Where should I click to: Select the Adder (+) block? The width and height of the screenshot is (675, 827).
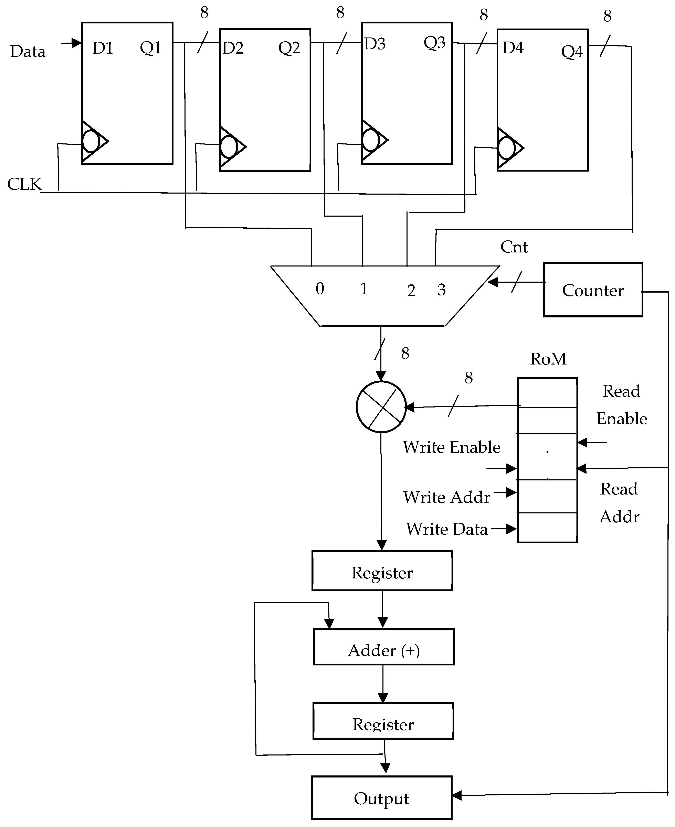[383, 650]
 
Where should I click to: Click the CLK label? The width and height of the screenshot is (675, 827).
[24, 184]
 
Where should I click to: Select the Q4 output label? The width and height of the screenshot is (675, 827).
[572, 52]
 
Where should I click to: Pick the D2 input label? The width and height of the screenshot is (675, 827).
[233, 48]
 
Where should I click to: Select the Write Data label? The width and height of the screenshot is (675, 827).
[447, 529]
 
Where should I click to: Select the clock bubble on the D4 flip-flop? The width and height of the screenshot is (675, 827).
[506, 148]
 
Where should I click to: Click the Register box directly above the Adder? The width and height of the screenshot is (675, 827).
[382, 573]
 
